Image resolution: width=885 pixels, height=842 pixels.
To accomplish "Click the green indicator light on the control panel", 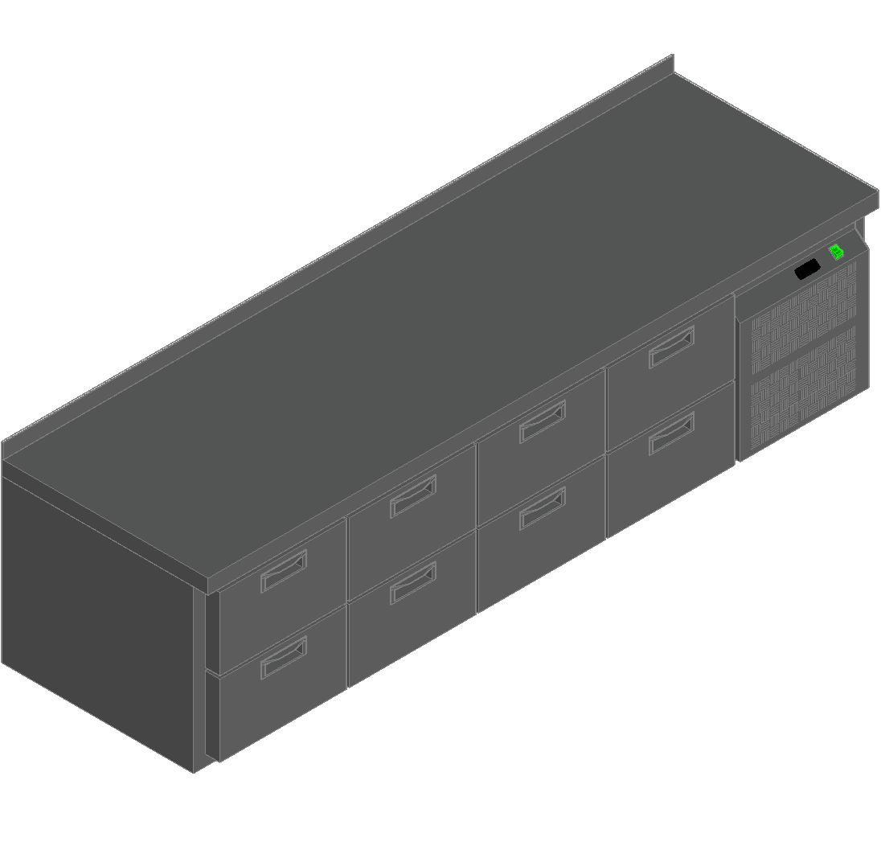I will [x=836, y=252].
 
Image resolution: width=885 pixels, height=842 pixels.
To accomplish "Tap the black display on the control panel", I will [x=807, y=269].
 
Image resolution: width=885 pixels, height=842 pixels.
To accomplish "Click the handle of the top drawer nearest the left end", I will [x=284, y=571].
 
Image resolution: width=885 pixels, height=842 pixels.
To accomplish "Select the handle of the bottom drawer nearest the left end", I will [x=284, y=656].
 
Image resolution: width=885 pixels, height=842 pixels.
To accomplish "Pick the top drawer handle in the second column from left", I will [x=413, y=496].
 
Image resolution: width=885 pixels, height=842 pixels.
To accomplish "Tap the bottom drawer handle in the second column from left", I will [x=413, y=583].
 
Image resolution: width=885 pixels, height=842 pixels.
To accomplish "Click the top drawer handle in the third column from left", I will [x=543, y=421].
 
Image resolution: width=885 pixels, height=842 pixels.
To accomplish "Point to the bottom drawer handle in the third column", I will [x=543, y=508].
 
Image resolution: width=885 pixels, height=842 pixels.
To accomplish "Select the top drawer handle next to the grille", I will [x=672, y=347].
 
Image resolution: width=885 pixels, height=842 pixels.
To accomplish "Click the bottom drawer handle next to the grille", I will [x=672, y=433].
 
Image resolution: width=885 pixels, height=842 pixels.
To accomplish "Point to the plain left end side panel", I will [x=96, y=611].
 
